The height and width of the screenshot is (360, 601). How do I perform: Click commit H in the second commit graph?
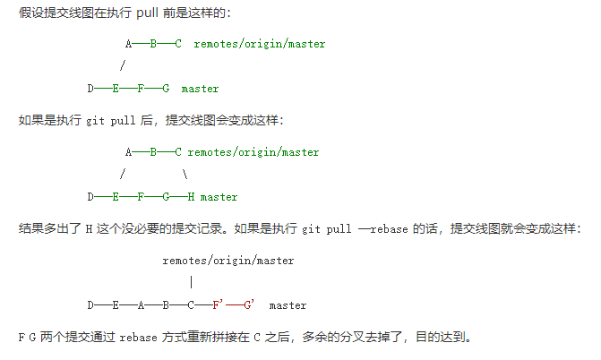click(192, 196)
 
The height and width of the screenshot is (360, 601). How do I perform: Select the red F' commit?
click(217, 305)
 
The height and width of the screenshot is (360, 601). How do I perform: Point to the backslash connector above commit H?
click(185, 175)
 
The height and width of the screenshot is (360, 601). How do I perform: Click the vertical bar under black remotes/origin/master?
click(192, 282)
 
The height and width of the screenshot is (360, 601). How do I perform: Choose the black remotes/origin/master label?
click(228, 261)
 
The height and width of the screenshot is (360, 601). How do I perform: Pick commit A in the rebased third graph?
click(141, 305)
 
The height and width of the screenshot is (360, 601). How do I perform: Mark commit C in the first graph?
click(178, 43)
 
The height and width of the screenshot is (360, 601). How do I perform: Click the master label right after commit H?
click(219, 196)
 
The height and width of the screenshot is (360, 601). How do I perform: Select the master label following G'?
click(288, 305)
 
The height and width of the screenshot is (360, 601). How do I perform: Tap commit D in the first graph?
click(90, 89)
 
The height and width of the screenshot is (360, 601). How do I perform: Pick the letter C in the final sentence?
click(256, 338)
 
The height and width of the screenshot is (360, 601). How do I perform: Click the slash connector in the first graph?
click(122, 65)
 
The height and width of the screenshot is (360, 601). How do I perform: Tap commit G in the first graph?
click(166, 89)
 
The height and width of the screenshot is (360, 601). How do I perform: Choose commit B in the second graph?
click(153, 152)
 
